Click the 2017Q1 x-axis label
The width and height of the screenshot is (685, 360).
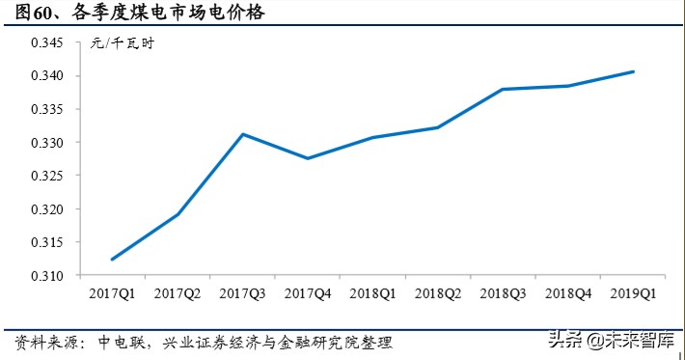[x=112, y=291]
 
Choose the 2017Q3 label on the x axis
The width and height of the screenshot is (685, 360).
[x=242, y=291]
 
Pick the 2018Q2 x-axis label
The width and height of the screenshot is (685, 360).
[x=438, y=291]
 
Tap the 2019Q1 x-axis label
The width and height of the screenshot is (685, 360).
[x=634, y=291]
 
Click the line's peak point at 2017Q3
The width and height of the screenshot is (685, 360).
[x=242, y=134]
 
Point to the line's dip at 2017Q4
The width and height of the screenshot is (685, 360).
[x=308, y=158]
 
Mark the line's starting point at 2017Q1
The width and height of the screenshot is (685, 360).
[x=113, y=260]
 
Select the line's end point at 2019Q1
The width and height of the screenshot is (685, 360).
[x=634, y=71]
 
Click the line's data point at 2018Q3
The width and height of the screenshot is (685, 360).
[x=504, y=89]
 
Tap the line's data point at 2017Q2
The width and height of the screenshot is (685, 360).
[x=178, y=214]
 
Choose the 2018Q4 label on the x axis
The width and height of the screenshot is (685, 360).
[x=568, y=291]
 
